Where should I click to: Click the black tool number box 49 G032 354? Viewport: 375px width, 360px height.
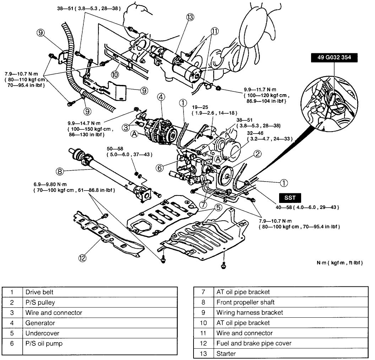point(334,58)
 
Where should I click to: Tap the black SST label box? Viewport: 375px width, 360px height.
point(290,198)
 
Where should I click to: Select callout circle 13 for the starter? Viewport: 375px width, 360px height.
point(190,17)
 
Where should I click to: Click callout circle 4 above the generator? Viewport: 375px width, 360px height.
point(161,97)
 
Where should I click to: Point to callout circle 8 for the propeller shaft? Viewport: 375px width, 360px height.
point(60,171)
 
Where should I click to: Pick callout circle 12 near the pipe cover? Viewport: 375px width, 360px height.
point(82,258)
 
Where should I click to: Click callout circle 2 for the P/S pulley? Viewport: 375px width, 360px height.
point(257,154)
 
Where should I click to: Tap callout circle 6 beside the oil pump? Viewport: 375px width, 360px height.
point(160,168)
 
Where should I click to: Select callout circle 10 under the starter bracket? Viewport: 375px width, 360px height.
point(115,75)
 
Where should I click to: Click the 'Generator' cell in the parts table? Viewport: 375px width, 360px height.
point(40,323)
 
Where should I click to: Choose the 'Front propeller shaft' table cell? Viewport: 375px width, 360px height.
point(245,302)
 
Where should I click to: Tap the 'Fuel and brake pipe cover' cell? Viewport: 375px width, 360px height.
point(254,344)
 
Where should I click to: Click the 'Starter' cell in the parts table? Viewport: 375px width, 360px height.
point(226,354)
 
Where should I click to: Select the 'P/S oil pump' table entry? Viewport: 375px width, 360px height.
point(44,344)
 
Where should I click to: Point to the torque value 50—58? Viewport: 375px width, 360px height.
point(115,149)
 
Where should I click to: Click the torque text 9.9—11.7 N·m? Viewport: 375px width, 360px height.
point(260,90)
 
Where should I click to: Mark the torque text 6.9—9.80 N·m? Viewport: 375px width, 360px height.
point(50,184)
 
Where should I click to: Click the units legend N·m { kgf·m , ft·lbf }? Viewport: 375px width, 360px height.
point(339,263)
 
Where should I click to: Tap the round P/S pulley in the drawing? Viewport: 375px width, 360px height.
point(226,176)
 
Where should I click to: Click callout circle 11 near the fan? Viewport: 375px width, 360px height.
point(214,31)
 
